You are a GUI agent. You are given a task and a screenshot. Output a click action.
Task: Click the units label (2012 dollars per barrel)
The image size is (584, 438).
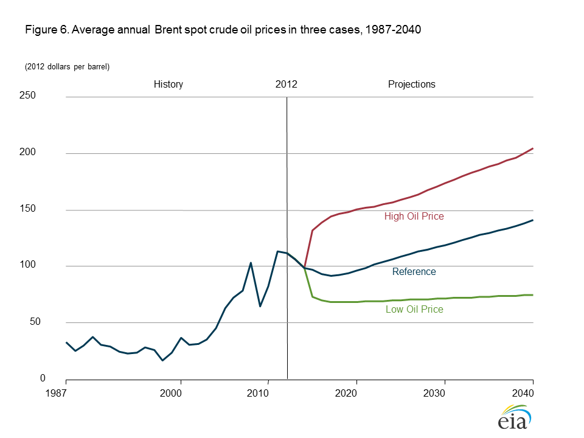coord(67,66)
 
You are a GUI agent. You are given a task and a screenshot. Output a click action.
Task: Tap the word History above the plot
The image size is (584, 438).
coord(168,85)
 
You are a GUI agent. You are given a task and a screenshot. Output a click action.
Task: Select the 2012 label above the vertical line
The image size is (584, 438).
coord(286,85)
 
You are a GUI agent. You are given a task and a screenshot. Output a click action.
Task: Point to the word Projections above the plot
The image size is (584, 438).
coord(412,85)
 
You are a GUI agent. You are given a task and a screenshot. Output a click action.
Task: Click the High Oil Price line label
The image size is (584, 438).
coord(414,216)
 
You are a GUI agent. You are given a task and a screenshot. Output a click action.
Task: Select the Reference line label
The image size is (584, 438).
coord(414,272)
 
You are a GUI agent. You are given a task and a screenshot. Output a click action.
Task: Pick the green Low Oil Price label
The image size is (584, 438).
coord(414,310)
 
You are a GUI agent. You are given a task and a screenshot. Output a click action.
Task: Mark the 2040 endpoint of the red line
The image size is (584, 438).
coord(533,148)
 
